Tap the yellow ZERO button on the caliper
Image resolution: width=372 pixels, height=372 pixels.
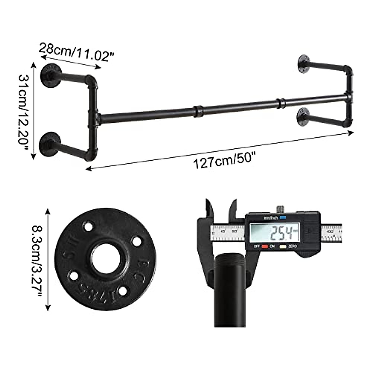click(x=282, y=247)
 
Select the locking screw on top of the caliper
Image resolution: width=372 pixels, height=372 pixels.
click(x=280, y=209)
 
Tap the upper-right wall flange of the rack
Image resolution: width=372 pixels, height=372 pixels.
click(x=304, y=64)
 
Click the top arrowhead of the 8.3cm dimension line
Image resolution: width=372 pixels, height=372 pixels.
click(x=48, y=211)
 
